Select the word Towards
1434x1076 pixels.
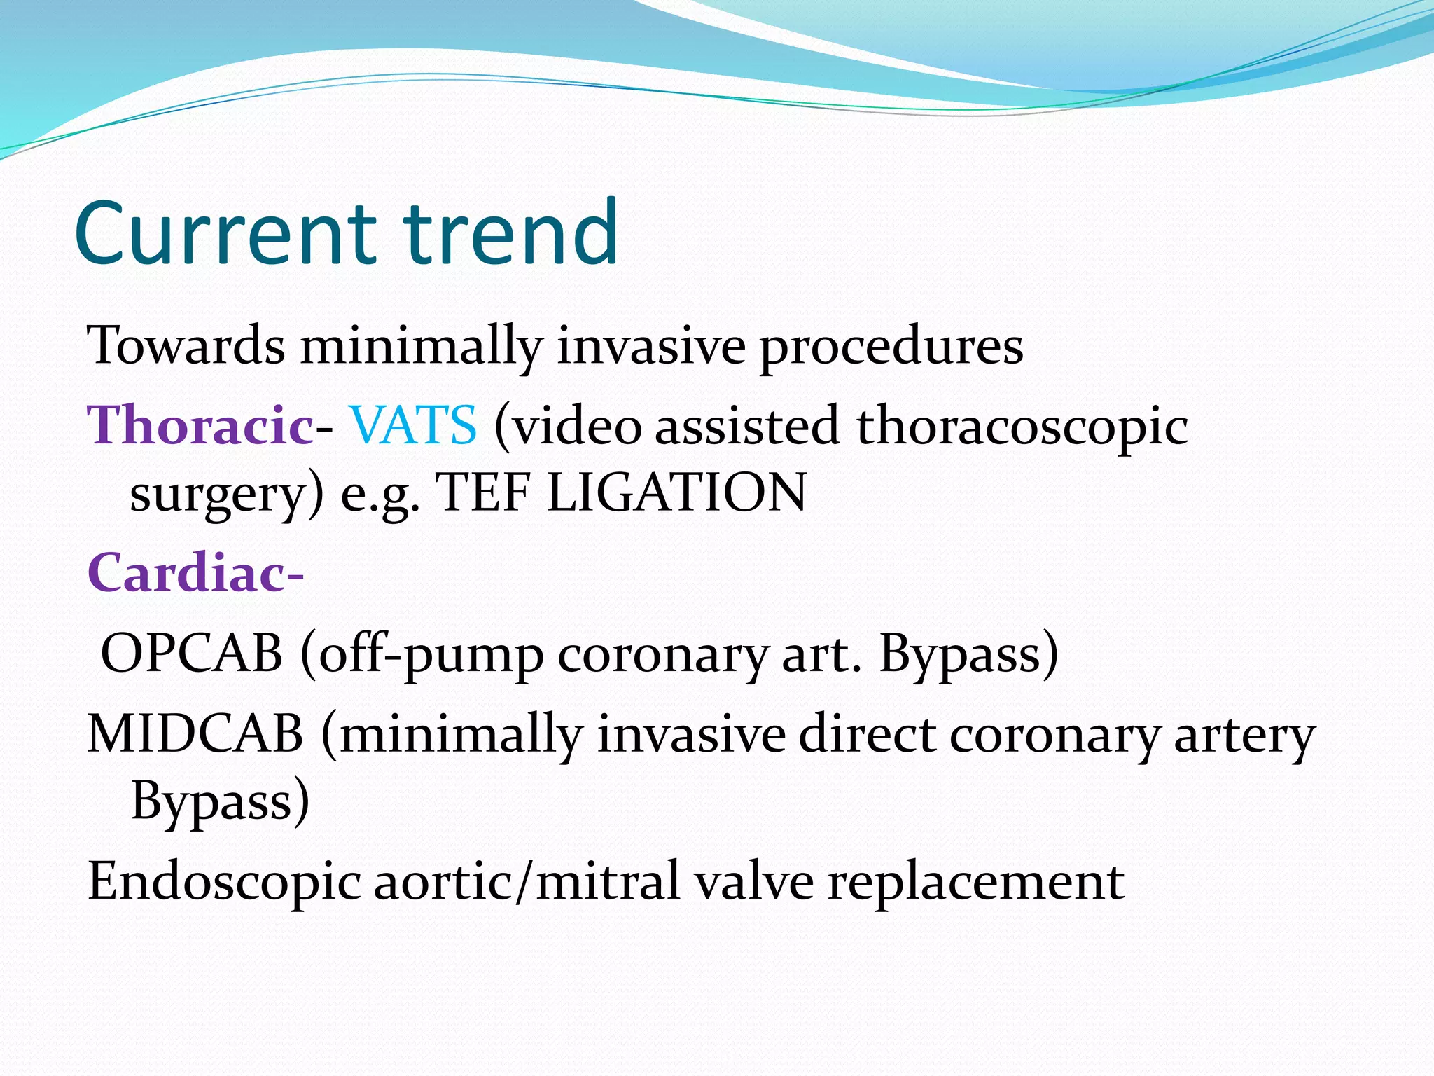(186, 346)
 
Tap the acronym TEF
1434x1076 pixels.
(482, 492)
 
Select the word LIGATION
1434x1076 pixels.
(676, 492)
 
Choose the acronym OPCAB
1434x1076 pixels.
(191, 654)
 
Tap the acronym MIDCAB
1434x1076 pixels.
(195, 734)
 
